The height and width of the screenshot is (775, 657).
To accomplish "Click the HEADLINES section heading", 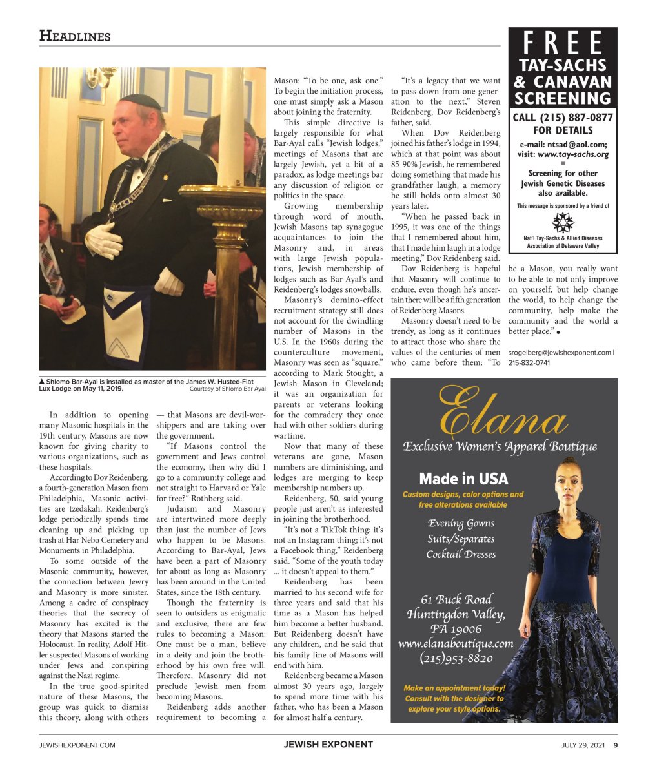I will [x=74, y=36].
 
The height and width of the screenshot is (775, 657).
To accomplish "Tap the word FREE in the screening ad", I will [x=563, y=44].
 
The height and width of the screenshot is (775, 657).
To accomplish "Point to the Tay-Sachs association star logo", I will [x=563, y=223].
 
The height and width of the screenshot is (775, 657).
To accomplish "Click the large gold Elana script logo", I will [x=503, y=413].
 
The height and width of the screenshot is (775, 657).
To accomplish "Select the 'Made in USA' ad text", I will [x=463, y=479].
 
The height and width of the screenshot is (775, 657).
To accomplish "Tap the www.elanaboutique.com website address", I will [x=456, y=643].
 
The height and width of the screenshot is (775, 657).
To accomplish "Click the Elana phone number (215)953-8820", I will [x=456, y=659].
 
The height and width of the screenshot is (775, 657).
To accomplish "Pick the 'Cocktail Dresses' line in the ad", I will [x=461, y=554].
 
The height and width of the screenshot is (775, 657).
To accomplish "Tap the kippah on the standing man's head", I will [x=140, y=101].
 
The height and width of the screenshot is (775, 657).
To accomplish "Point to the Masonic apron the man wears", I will [x=127, y=325].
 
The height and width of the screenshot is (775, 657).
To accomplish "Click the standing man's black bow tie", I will [x=135, y=163].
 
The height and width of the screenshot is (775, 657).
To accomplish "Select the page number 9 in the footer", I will [x=615, y=745].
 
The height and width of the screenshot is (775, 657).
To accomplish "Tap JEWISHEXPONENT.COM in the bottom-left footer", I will [x=77, y=745].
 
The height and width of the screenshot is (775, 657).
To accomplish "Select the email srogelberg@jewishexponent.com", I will [x=559, y=353].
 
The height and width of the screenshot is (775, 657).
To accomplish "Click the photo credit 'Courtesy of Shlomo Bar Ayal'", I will [x=227, y=389].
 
